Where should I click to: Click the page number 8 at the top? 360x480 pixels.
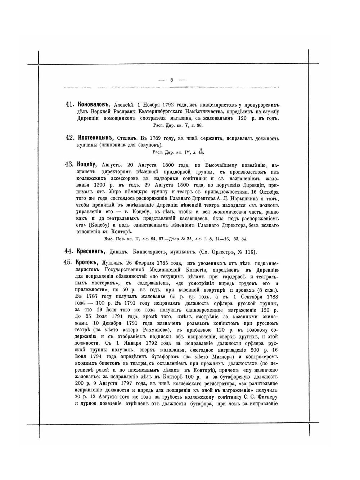point(172,80)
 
